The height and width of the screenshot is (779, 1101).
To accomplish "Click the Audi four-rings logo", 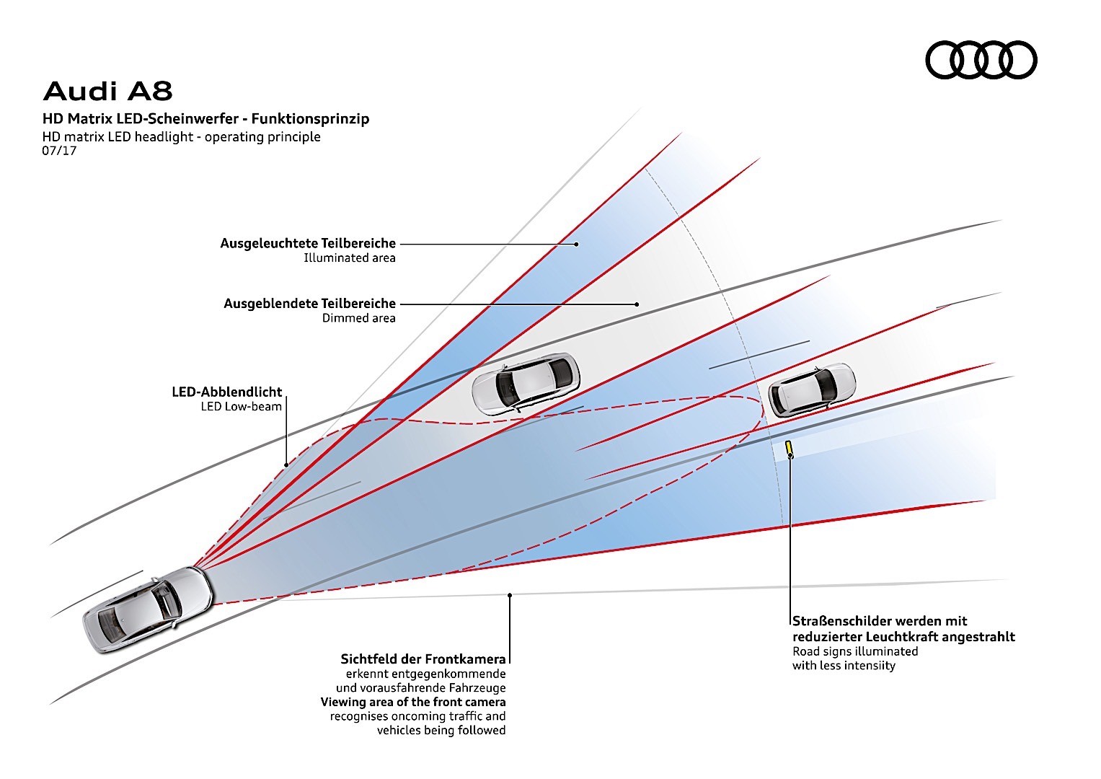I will (981, 59).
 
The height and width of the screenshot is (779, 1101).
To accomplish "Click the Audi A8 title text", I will (108, 92).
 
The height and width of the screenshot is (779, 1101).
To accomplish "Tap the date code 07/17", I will (59, 151).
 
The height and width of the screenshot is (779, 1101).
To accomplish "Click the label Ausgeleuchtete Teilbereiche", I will (308, 244).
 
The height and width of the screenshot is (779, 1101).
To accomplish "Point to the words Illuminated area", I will (349, 258).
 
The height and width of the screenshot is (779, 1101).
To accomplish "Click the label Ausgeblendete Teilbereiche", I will (309, 304).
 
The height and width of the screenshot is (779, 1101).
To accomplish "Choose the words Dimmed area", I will (358, 318).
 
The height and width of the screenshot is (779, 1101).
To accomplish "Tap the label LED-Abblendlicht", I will (226, 392).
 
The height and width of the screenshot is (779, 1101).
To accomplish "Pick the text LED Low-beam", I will (241, 407).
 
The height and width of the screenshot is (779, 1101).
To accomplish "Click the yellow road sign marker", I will (790, 448).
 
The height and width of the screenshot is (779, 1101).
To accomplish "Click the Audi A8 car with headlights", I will (149, 609).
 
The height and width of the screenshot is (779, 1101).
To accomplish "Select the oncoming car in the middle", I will (525, 383).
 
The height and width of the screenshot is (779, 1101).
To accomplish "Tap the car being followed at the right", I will (812, 389).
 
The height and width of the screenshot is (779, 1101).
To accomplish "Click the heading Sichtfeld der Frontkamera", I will (423, 659).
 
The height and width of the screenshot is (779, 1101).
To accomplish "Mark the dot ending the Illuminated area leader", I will (577, 245).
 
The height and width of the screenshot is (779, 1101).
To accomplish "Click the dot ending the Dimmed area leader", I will (637, 304).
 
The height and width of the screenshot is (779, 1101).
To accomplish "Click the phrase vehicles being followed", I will (441, 731).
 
